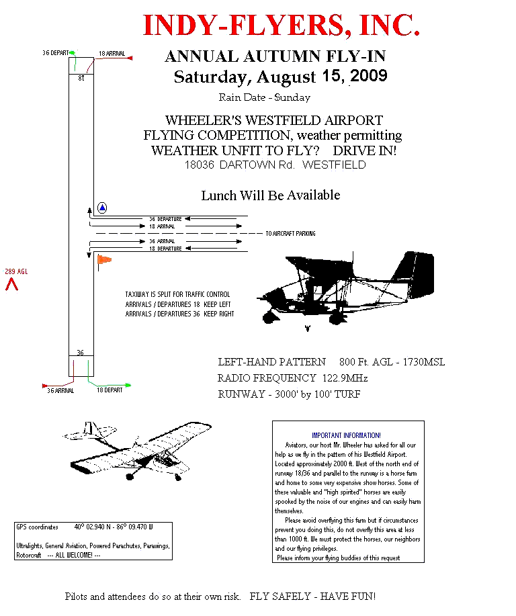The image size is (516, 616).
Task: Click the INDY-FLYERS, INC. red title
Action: pos(282,26)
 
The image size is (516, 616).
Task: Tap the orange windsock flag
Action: pos(104,259)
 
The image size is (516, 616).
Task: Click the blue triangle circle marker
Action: pos(102,208)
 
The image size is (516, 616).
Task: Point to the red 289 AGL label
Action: pos(15,271)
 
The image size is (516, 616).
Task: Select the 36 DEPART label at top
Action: pos(55,52)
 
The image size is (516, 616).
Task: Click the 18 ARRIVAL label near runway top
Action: pos(112,53)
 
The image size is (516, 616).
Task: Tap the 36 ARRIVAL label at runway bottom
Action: pos(60,390)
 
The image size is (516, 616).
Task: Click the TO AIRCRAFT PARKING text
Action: pos(290,234)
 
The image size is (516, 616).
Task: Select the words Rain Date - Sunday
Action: pos(265,97)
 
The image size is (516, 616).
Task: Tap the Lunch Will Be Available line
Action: pos(271,195)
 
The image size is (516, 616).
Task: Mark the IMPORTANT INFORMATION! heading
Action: pos(346,435)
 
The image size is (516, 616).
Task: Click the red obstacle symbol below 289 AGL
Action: pos(11,285)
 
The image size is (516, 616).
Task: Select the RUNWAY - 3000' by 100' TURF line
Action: pos(289,394)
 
